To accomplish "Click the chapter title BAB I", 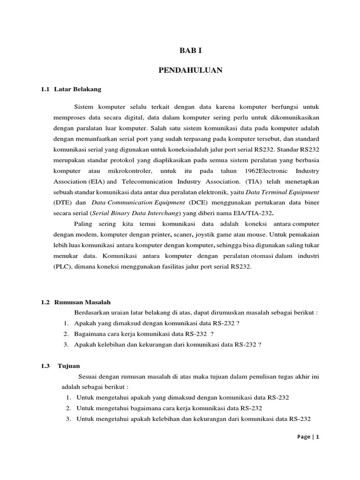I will [190, 51].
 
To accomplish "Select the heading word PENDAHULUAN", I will [190, 70].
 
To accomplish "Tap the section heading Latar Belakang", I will [78, 89].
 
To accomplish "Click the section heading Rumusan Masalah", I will [82, 302].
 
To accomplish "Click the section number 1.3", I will [45, 366].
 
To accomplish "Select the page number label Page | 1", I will [308, 436].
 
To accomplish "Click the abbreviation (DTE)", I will [60, 202].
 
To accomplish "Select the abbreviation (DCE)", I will [198, 202].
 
